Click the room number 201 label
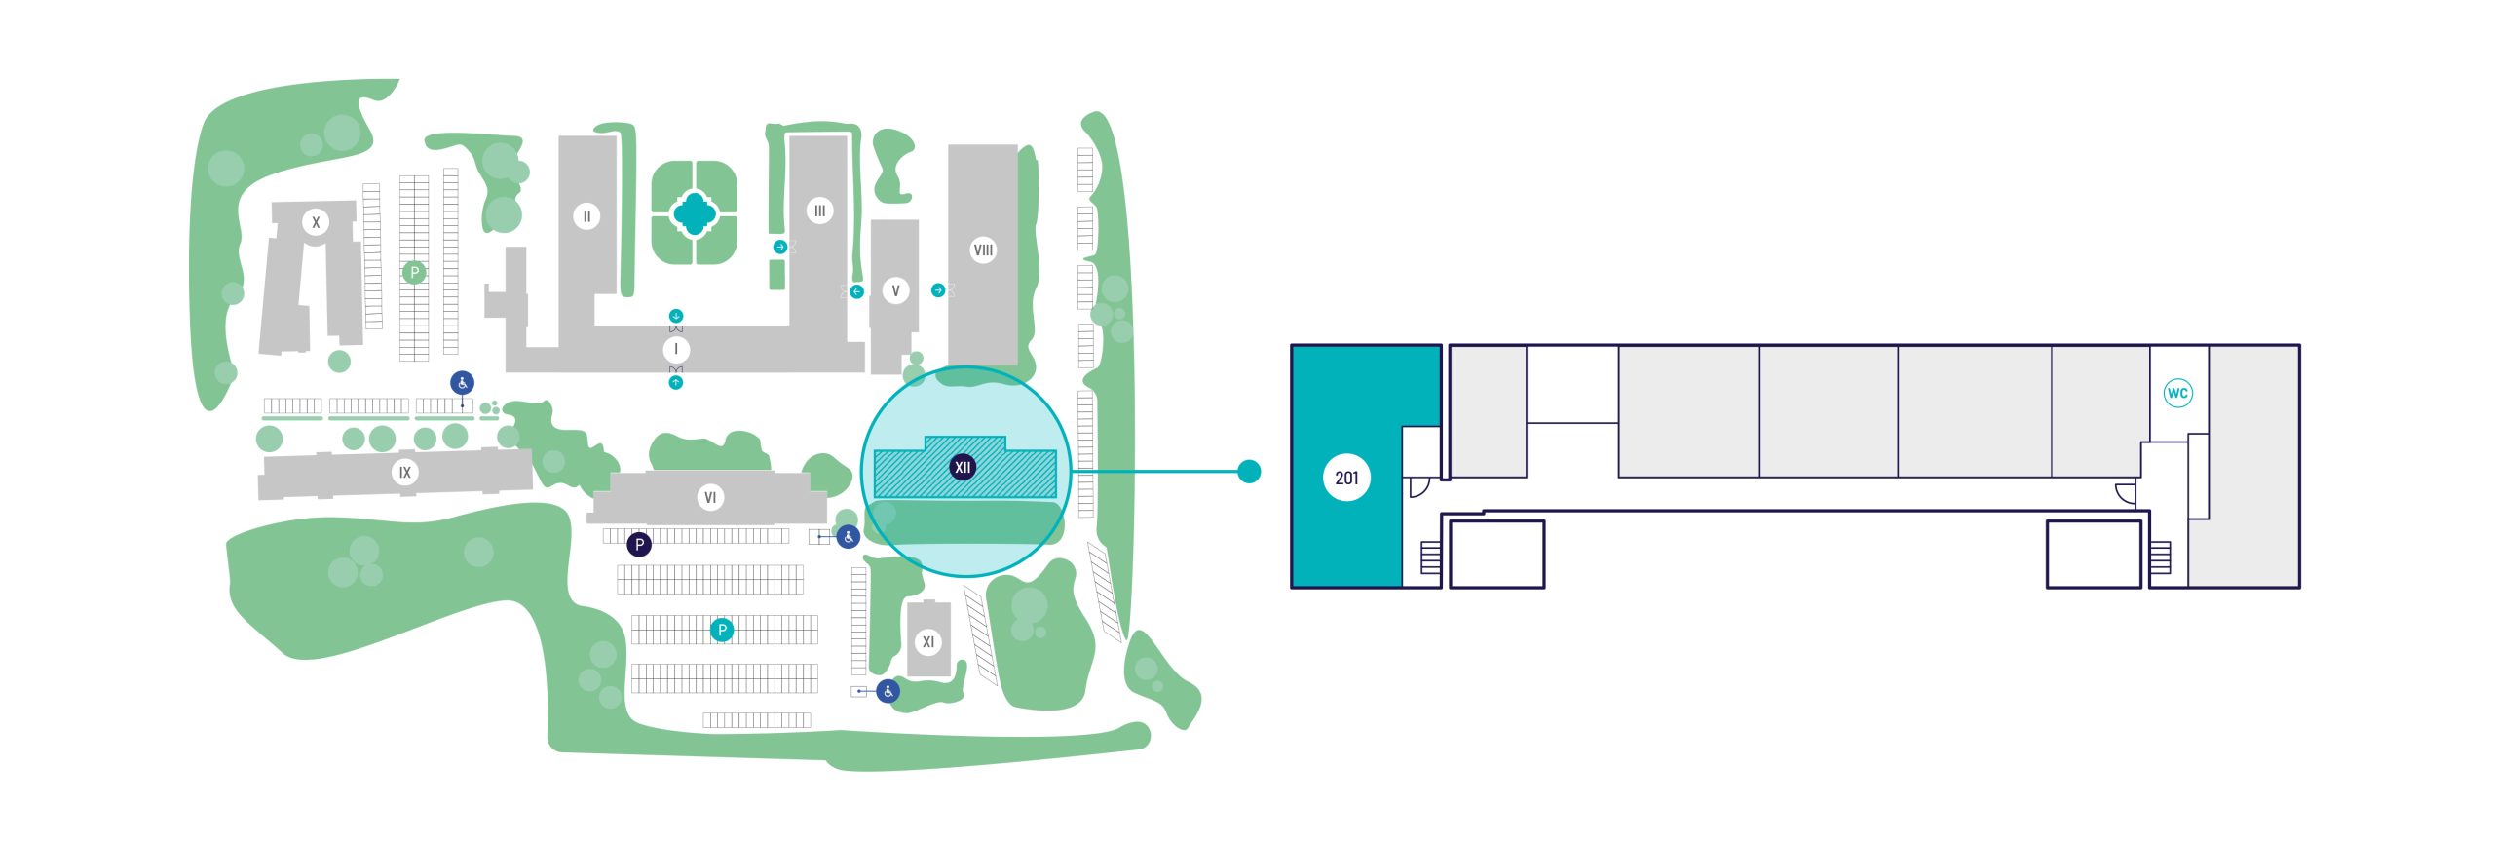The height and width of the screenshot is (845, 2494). (x=1346, y=478)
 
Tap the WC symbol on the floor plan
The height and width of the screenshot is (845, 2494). (x=2177, y=393)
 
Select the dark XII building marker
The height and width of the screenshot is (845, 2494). (x=963, y=468)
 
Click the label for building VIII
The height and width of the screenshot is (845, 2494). (x=983, y=250)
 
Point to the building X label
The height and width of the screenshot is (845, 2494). (x=315, y=222)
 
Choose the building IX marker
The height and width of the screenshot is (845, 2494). (x=404, y=473)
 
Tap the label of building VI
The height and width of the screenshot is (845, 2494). (x=710, y=498)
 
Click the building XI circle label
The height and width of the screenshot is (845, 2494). (x=927, y=642)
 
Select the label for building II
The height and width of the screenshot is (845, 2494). (x=586, y=216)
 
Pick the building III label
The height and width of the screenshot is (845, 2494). (x=819, y=211)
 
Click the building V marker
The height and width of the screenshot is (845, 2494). (x=895, y=290)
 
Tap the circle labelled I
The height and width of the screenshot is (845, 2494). (x=676, y=349)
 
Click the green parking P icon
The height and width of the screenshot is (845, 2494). (x=414, y=273)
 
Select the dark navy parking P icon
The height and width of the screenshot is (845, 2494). (x=639, y=545)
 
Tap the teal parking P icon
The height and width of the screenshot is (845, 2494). (x=722, y=630)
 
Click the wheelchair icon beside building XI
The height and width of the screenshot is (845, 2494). (x=888, y=692)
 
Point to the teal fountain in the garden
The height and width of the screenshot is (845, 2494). (x=694, y=212)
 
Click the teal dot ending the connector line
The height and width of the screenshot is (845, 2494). (x=1249, y=472)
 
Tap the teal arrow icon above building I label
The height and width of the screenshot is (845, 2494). (x=676, y=316)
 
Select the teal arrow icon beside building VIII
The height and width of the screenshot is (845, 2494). (x=938, y=290)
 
